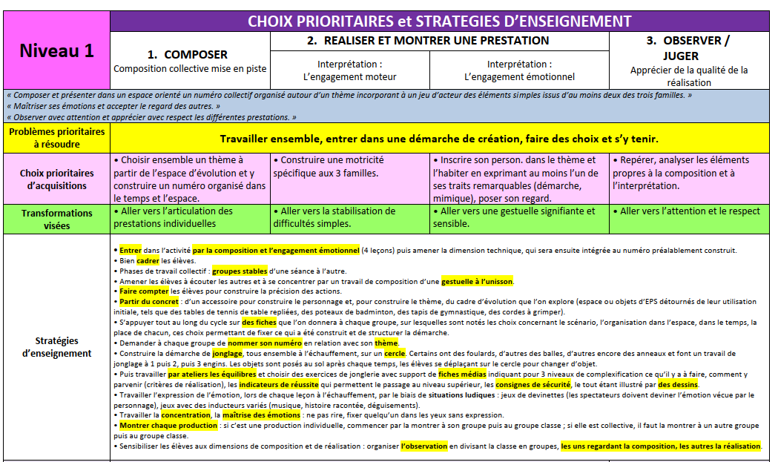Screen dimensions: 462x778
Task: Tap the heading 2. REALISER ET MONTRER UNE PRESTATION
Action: coord(427,41)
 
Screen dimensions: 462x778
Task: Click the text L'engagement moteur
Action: coord(349,76)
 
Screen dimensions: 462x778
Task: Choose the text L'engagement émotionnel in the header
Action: coord(519,76)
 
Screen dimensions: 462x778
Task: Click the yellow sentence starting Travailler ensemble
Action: coord(439,139)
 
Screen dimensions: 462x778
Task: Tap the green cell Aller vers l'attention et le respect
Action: coord(690,211)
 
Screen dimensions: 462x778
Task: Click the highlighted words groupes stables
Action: coord(241,271)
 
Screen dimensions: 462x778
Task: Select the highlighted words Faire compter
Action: coord(144,291)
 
